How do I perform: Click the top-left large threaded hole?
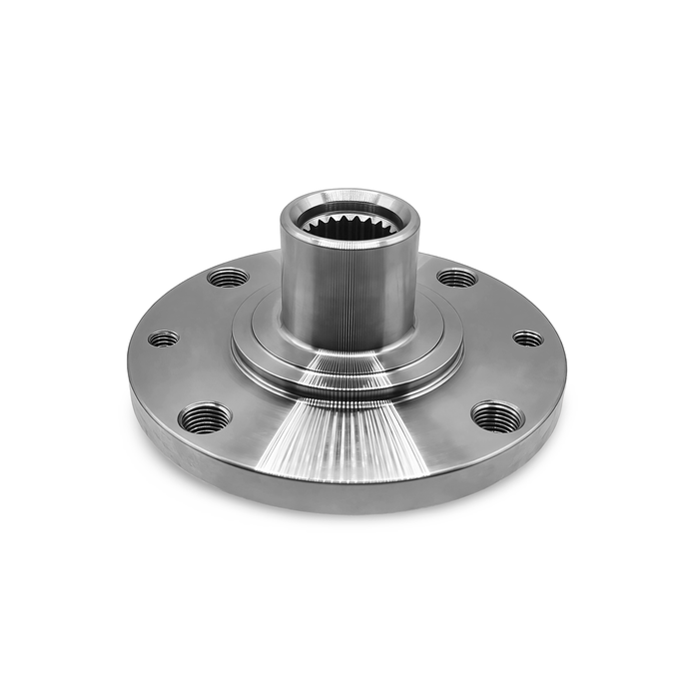[228, 277]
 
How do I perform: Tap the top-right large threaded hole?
[457, 277]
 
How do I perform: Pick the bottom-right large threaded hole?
[496, 416]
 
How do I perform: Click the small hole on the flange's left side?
[163, 339]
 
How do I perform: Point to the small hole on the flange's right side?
[528, 339]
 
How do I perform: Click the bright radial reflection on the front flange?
[345, 439]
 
